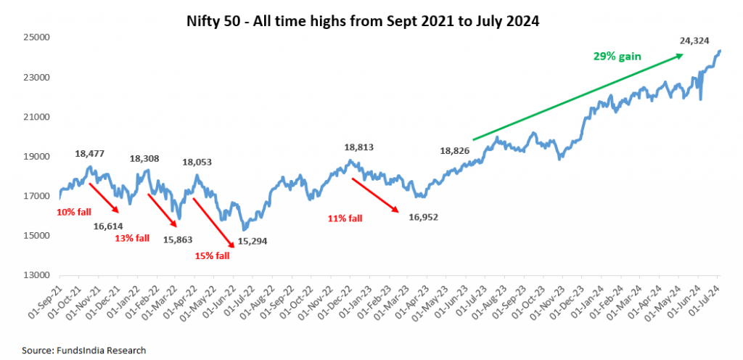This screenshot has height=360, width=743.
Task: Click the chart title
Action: (x=371, y=21)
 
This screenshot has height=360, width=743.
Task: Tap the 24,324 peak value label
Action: (x=694, y=41)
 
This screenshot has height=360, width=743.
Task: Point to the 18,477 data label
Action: (x=90, y=154)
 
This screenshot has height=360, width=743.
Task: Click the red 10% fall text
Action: (x=74, y=212)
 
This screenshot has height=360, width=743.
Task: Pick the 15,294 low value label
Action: (x=253, y=240)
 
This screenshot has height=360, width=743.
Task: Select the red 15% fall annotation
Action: (x=212, y=255)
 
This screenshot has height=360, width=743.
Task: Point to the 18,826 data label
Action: (x=455, y=151)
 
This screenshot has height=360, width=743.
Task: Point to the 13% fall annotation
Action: (x=132, y=238)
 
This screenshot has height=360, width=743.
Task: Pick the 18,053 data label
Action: (x=197, y=163)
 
